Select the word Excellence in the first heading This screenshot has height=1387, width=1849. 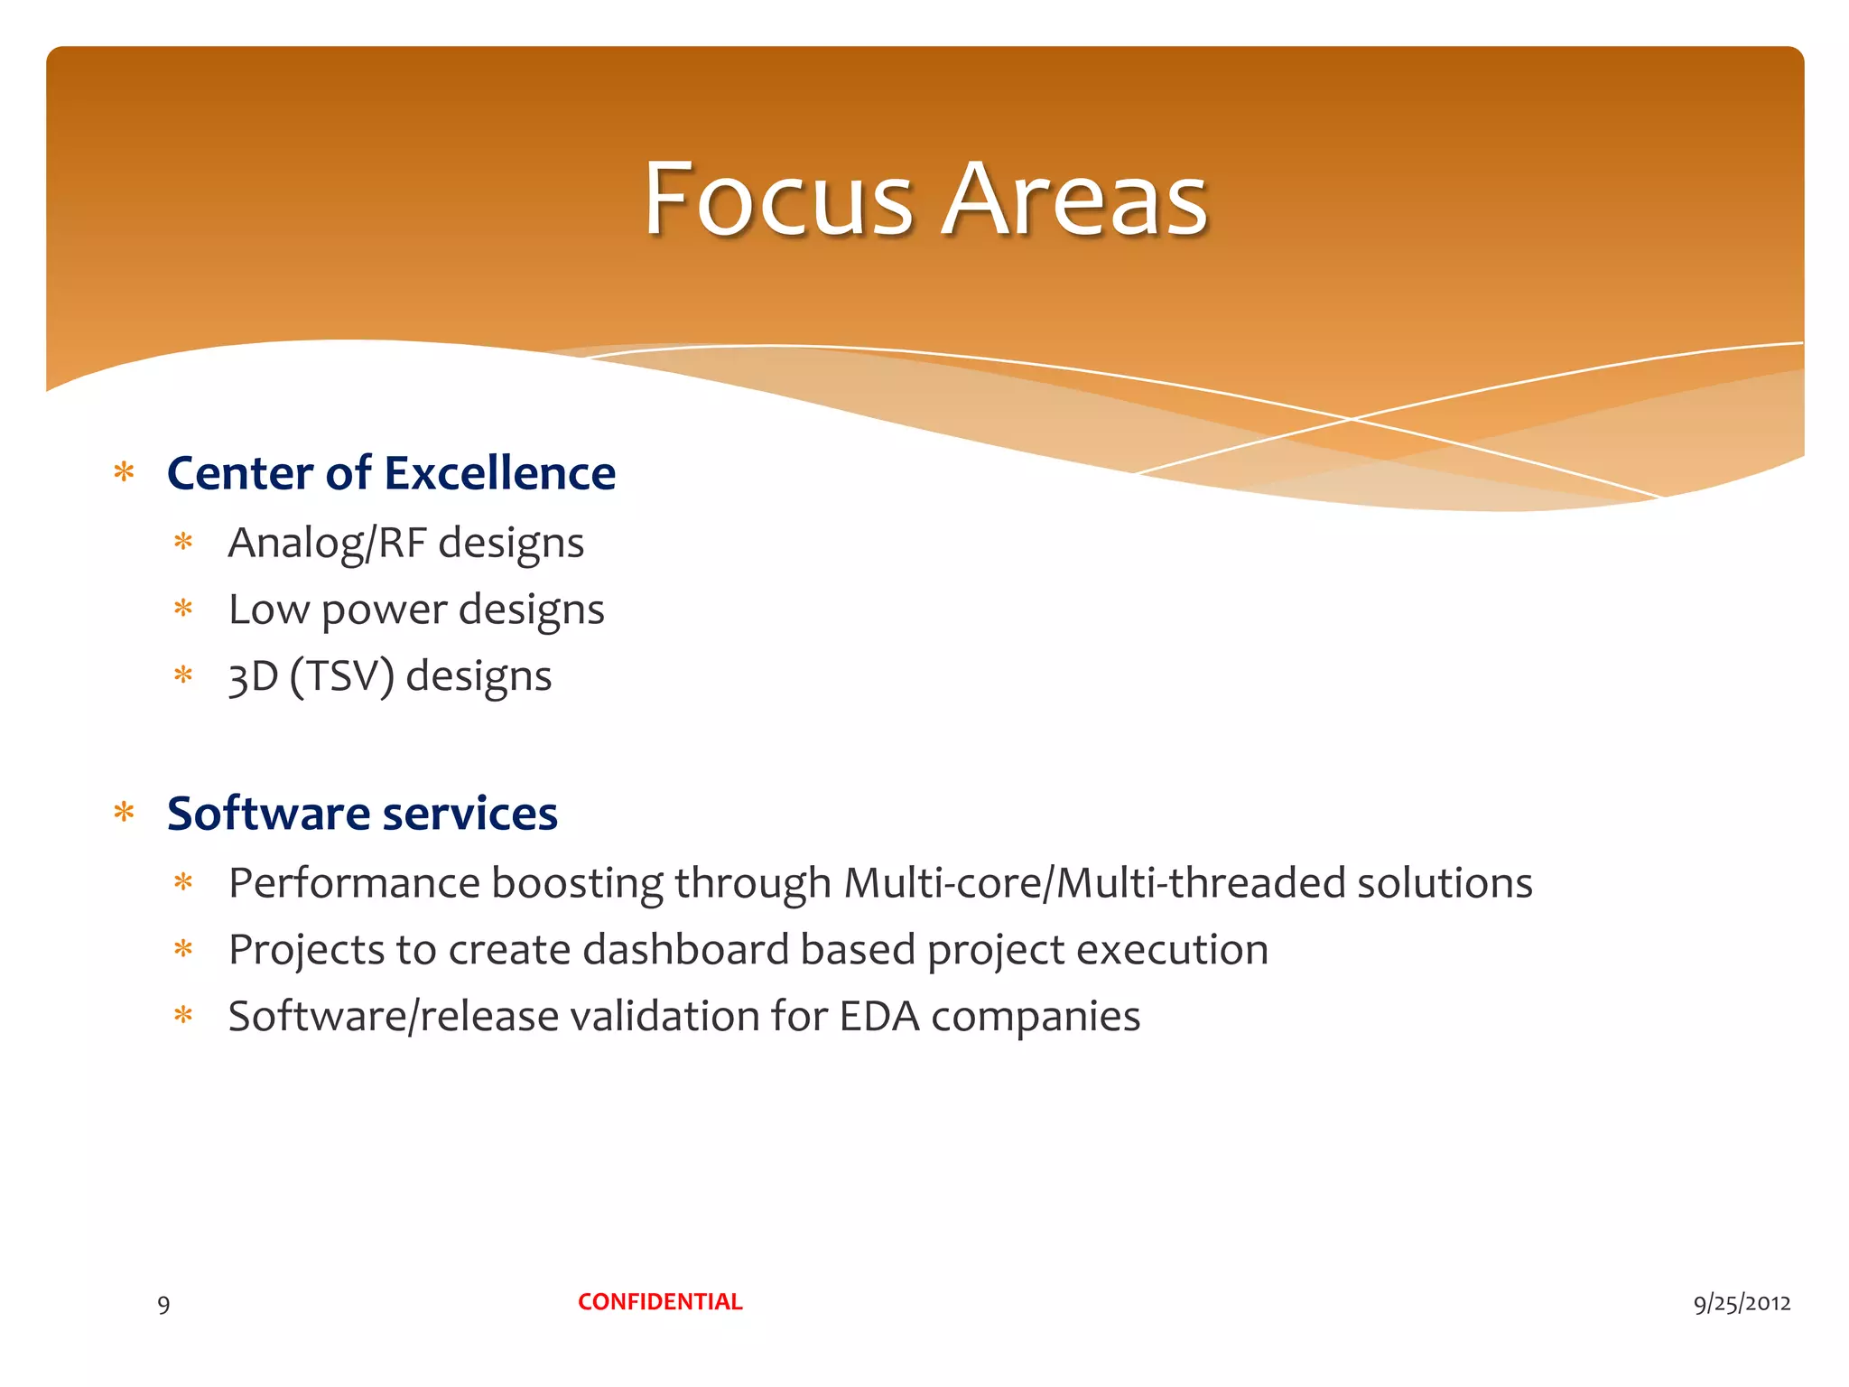(500, 473)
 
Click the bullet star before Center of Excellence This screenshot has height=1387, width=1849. (125, 472)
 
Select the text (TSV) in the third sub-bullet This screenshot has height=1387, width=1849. (342, 676)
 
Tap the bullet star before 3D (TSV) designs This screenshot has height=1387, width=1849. (183, 675)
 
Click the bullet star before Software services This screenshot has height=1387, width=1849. (125, 813)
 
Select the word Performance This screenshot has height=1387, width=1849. (354, 883)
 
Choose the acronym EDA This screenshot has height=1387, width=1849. (879, 1017)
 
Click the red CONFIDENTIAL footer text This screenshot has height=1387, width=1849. (660, 1302)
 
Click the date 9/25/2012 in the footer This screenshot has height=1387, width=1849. (1742, 1303)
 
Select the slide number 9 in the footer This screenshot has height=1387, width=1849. (163, 1305)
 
